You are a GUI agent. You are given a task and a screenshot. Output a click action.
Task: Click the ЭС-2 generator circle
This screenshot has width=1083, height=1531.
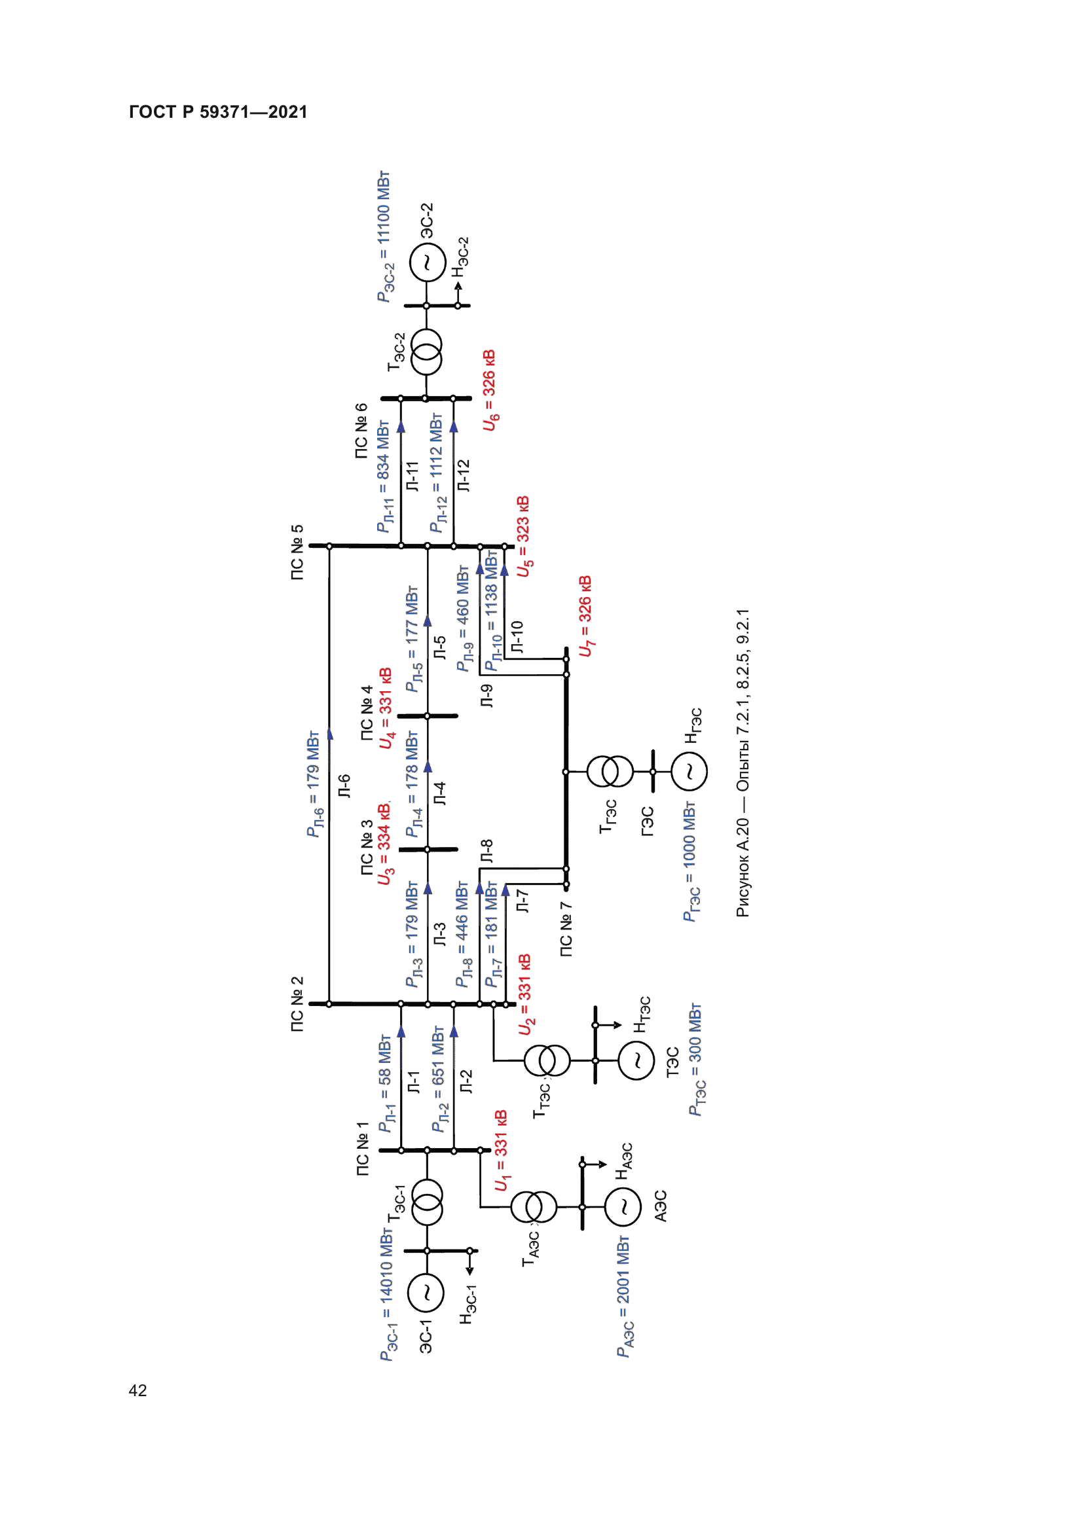point(427,262)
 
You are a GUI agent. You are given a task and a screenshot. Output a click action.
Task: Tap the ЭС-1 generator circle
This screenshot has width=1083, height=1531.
point(425,1292)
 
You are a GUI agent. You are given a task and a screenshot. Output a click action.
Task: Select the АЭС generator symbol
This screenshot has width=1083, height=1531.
point(624,1206)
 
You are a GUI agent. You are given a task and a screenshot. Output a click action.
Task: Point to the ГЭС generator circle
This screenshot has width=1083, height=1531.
point(689,772)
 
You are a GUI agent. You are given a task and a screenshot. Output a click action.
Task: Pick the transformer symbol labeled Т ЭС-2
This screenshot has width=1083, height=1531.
point(426,351)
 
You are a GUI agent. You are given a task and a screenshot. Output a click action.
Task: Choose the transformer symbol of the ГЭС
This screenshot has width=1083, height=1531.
point(610,772)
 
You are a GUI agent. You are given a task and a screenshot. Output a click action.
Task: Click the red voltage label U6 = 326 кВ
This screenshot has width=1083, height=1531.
point(490,389)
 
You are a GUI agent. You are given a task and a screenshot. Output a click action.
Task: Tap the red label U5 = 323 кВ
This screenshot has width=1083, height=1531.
point(524,536)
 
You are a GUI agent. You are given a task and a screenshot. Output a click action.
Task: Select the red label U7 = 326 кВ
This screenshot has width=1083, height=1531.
point(585,616)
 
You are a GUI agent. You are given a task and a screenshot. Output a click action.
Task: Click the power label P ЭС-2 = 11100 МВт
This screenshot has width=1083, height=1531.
point(384,237)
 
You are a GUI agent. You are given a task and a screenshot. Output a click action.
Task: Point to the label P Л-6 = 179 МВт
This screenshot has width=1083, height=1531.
point(314,784)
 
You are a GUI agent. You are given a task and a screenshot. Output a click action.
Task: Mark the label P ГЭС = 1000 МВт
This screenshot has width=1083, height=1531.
point(690,861)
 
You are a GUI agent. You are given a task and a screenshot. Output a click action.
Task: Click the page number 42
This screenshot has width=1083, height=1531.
point(138,1390)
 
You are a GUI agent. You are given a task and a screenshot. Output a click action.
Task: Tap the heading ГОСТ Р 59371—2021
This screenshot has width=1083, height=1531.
point(218,112)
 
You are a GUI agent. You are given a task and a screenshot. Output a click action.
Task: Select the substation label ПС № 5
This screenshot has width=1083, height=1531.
point(297,552)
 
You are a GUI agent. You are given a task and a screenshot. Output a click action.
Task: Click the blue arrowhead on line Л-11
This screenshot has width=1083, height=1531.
point(401,427)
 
